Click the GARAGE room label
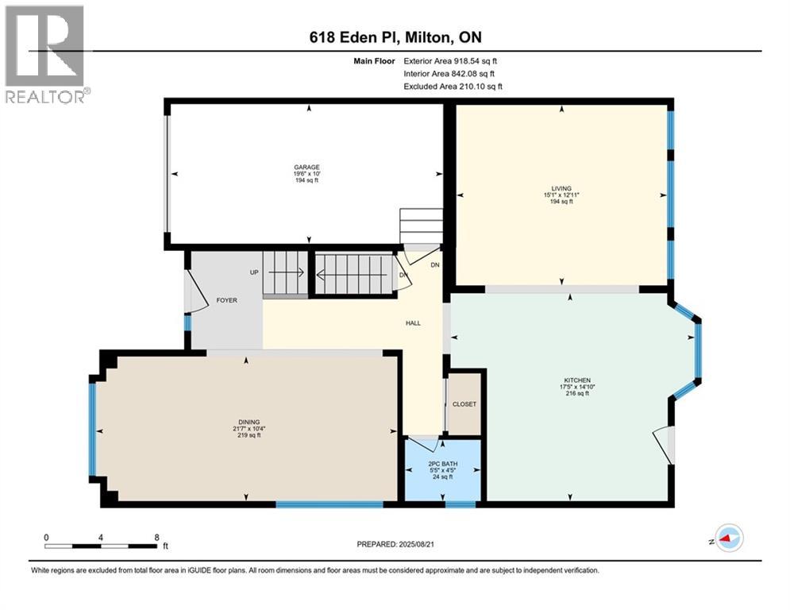pos(306,168)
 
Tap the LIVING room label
pos(561,188)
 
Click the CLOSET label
pos(464,403)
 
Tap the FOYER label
pos(228,301)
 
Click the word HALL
pos(413,322)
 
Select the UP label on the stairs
pos(255,272)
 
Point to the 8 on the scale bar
pos(156,537)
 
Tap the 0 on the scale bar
pos(46,537)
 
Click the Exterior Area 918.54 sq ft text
pos(450,60)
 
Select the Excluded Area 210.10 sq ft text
pos(453,87)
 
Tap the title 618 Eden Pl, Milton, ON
pos(394,37)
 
